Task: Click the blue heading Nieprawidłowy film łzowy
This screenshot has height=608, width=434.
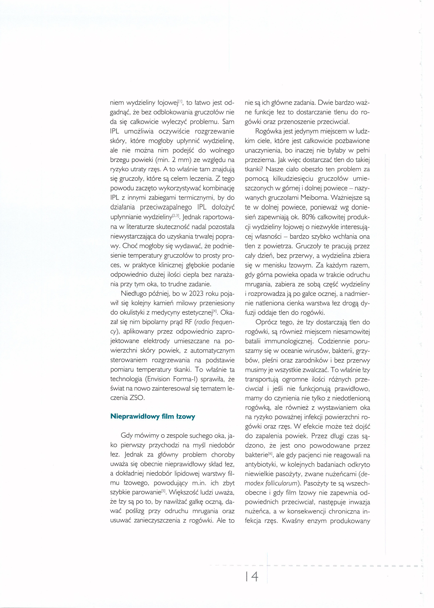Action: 153,416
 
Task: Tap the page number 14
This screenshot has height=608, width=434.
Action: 252,577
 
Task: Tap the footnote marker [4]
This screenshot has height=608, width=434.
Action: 215,311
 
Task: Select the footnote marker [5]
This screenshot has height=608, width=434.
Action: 164,491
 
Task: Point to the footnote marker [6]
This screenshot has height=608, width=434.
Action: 270,454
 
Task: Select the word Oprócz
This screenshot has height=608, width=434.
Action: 267,322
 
